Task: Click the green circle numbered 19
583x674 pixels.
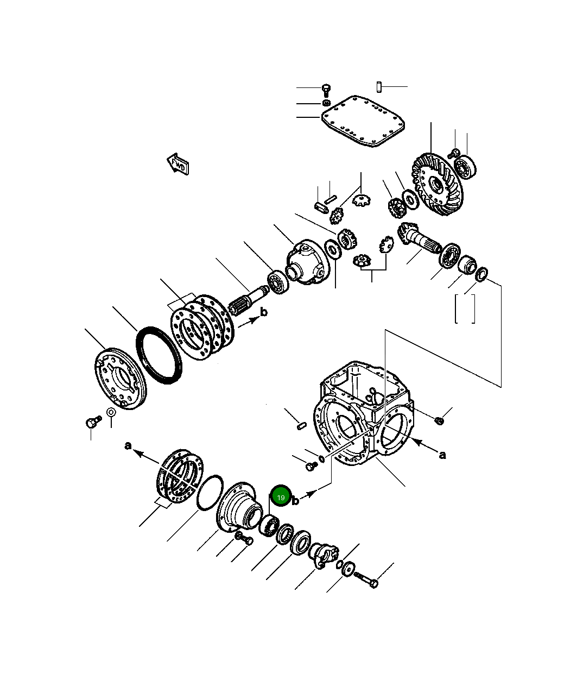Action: coord(281,496)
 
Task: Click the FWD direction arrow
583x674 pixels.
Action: coord(178,163)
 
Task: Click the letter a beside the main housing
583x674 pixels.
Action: coord(442,455)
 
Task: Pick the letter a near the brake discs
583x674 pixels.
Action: coord(128,446)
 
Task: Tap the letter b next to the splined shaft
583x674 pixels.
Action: coord(264,312)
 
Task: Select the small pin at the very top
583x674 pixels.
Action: coord(379,86)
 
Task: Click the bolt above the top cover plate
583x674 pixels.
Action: coord(326,89)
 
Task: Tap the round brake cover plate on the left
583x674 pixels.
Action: coord(120,378)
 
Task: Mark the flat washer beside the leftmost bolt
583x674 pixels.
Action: coord(111,412)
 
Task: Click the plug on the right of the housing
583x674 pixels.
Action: coord(439,419)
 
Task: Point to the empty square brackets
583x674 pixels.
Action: coord(465,308)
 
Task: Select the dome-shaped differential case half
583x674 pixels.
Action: coord(307,262)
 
